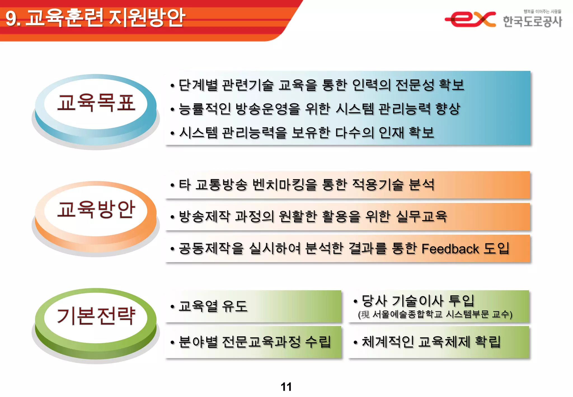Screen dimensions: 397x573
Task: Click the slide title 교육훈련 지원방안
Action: click(105, 18)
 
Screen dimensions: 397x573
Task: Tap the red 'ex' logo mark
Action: click(470, 19)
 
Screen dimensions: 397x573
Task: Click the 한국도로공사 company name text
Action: click(532, 22)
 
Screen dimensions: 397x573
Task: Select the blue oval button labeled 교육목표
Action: click(96, 103)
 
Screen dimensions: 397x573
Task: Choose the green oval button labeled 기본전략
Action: click(96, 316)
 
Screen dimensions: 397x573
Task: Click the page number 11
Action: click(286, 387)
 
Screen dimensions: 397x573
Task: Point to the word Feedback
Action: click(450, 249)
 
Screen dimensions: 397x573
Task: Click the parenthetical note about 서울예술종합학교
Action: click(435, 315)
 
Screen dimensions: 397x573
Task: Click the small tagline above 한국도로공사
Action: click(542, 11)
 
